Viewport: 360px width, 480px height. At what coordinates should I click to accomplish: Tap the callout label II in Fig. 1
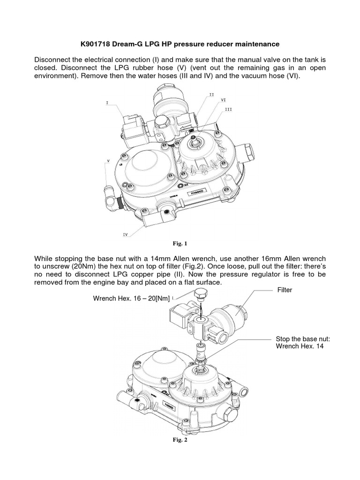coord(211,94)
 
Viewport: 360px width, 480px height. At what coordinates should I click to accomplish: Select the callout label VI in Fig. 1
coord(224,100)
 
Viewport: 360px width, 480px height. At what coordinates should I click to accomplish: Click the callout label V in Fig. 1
coord(108,160)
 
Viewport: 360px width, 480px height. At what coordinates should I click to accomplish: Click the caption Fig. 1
coord(180,243)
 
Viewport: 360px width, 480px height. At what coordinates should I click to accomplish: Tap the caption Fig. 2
coord(180,440)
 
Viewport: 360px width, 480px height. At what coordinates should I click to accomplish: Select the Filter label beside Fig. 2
coord(284,290)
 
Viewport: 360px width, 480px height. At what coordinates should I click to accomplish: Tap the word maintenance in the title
coord(258,44)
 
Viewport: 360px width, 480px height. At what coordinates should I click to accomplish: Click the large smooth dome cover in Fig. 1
coord(148,168)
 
